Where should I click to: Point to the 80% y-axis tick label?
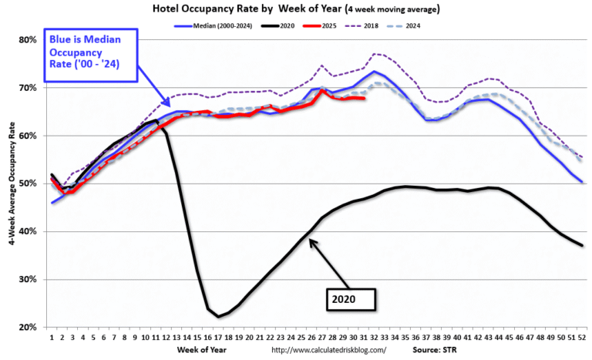(28, 40)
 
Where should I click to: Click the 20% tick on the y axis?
(28, 327)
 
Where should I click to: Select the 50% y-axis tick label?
(28, 183)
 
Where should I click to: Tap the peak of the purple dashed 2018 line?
(375, 53)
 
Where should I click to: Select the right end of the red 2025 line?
(365, 99)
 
